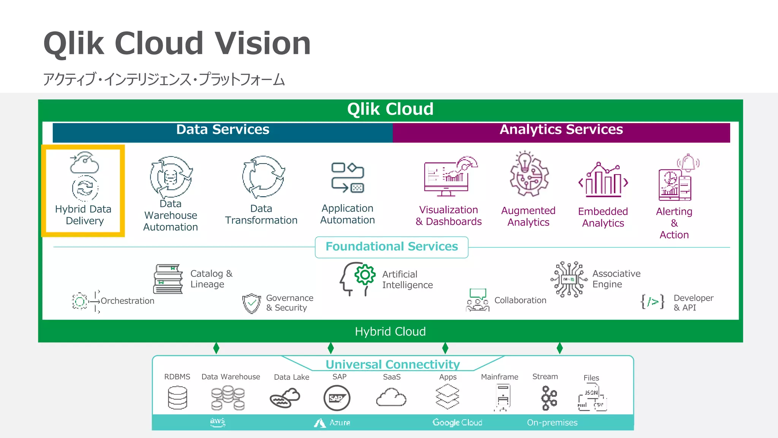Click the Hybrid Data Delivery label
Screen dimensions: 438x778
tap(84, 215)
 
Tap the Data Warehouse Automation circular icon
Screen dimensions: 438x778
tap(171, 177)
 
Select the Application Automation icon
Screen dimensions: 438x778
tap(348, 178)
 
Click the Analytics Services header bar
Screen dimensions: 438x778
tap(561, 132)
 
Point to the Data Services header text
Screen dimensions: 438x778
tap(223, 130)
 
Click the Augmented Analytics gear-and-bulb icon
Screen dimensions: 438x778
tap(529, 175)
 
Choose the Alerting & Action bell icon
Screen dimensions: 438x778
tap(688, 163)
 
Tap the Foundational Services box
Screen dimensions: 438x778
tap(392, 247)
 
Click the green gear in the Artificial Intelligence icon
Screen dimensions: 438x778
tap(365, 275)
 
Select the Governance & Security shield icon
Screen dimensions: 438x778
tap(251, 303)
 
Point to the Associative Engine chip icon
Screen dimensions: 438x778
tap(569, 279)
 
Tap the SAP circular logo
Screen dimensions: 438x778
tap(337, 398)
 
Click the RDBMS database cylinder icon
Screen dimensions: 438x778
tap(177, 398)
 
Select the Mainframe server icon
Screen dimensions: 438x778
tap(503, 397)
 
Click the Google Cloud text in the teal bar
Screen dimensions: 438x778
tap(457, 422)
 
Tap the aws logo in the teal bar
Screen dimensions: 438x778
tap(218, 422)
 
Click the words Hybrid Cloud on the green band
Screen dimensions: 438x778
tap(390, 332)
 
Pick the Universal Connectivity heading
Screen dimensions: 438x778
tap(392, 364)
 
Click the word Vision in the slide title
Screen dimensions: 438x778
tap(263, 44)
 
